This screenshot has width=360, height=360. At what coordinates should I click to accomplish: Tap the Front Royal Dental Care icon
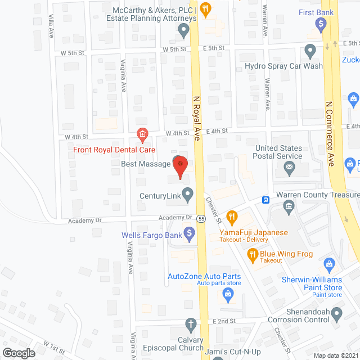tap(142, 134)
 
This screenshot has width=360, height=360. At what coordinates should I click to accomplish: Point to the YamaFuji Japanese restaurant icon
tap(231, 217)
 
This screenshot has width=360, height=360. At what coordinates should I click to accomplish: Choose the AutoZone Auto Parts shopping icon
tap(228, 292)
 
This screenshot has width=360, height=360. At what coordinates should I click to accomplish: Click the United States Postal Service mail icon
tap(290, 166)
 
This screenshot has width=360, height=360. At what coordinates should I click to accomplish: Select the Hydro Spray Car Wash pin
tap(309, 51)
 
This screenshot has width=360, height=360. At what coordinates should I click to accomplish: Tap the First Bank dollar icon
tap(321, 24)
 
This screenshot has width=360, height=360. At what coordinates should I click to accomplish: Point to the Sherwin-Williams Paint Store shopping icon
tap(330, 263)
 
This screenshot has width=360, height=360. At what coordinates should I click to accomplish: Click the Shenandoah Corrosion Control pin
tap(337, 312)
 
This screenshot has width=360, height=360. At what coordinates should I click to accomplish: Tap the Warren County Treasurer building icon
tap(289, 208)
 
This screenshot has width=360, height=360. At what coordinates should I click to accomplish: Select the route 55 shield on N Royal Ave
tap(201, 217)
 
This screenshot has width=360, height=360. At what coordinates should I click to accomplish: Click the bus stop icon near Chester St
tap(265, 200)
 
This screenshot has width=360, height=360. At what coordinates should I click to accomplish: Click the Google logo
tap(18, 353)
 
